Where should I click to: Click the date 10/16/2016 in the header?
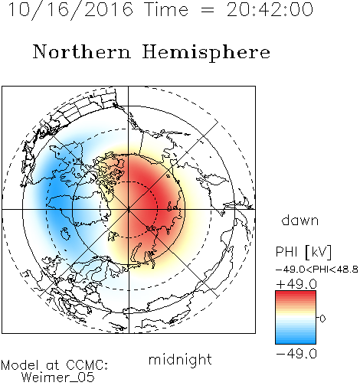tap(70, 10)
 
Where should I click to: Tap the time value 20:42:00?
tap(270, 10)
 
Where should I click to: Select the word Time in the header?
tap(166, 10)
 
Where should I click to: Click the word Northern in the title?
tap(82, 52)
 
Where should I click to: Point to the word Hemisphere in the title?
tap(206, 53)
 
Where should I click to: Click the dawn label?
tap(300, 221)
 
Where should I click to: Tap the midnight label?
tap(180, 359)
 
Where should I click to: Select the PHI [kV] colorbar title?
tap(303, 252)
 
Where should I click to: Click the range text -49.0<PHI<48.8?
tap(317, 270)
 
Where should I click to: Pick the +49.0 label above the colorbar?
tap(296, 284)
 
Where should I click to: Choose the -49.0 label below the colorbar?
tap(296, 354)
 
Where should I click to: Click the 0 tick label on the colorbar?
tap(322, 319)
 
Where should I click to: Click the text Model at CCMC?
tap(54, 365)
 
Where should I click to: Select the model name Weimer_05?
tap(57, 378)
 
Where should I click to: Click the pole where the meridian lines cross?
tap(129, 209)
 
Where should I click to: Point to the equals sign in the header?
tap(208, 10)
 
